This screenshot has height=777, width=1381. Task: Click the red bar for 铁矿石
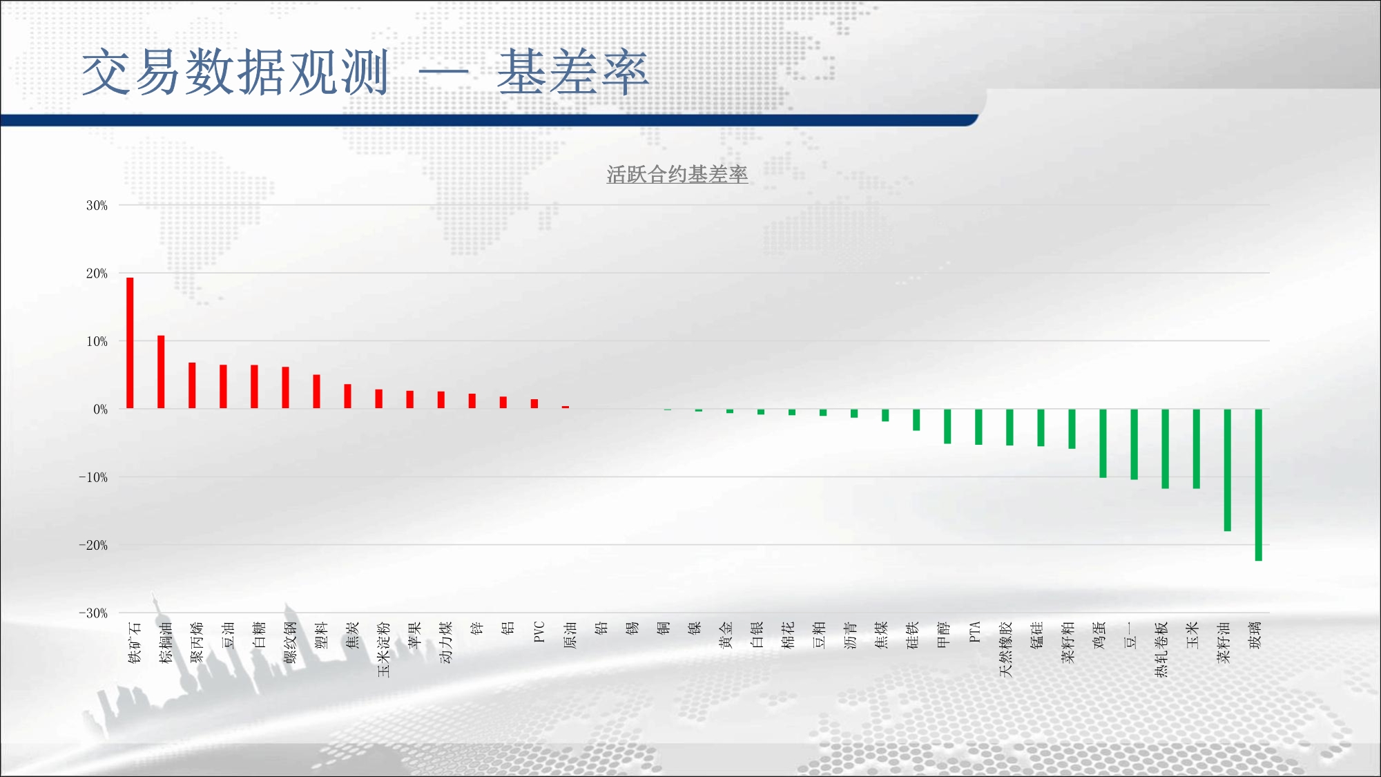click(130, 343)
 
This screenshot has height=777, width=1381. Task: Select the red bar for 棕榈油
click(161, 372)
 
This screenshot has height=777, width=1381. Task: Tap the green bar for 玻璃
click(1258, 485)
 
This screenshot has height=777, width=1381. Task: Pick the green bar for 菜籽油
click(1227, 470)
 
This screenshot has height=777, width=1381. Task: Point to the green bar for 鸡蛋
click(1103, 443)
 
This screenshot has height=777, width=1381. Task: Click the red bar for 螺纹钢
click(285, 387)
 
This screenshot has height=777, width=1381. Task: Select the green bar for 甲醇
click(947, 426)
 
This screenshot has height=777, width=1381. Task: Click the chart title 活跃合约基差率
click(677, 175)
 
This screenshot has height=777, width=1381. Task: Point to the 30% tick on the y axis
click(97, 205)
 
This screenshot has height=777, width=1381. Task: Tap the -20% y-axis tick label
click(93, 545)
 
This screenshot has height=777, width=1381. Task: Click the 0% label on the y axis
click(101, 409)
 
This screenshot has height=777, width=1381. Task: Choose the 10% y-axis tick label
click(97, 341)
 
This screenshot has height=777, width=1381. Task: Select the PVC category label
click(539, 632)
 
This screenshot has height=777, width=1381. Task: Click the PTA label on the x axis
click(974, 632)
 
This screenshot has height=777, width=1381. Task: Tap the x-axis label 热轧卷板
click(1161, 649)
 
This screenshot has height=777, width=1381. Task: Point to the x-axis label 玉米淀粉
click(384, 649)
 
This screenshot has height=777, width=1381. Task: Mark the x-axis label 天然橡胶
click(1006, 649)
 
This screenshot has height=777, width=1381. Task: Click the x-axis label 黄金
click(726, 635)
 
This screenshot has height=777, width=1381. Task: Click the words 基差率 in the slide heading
click(573, 72)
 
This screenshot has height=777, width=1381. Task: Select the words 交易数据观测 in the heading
click(235, 72)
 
